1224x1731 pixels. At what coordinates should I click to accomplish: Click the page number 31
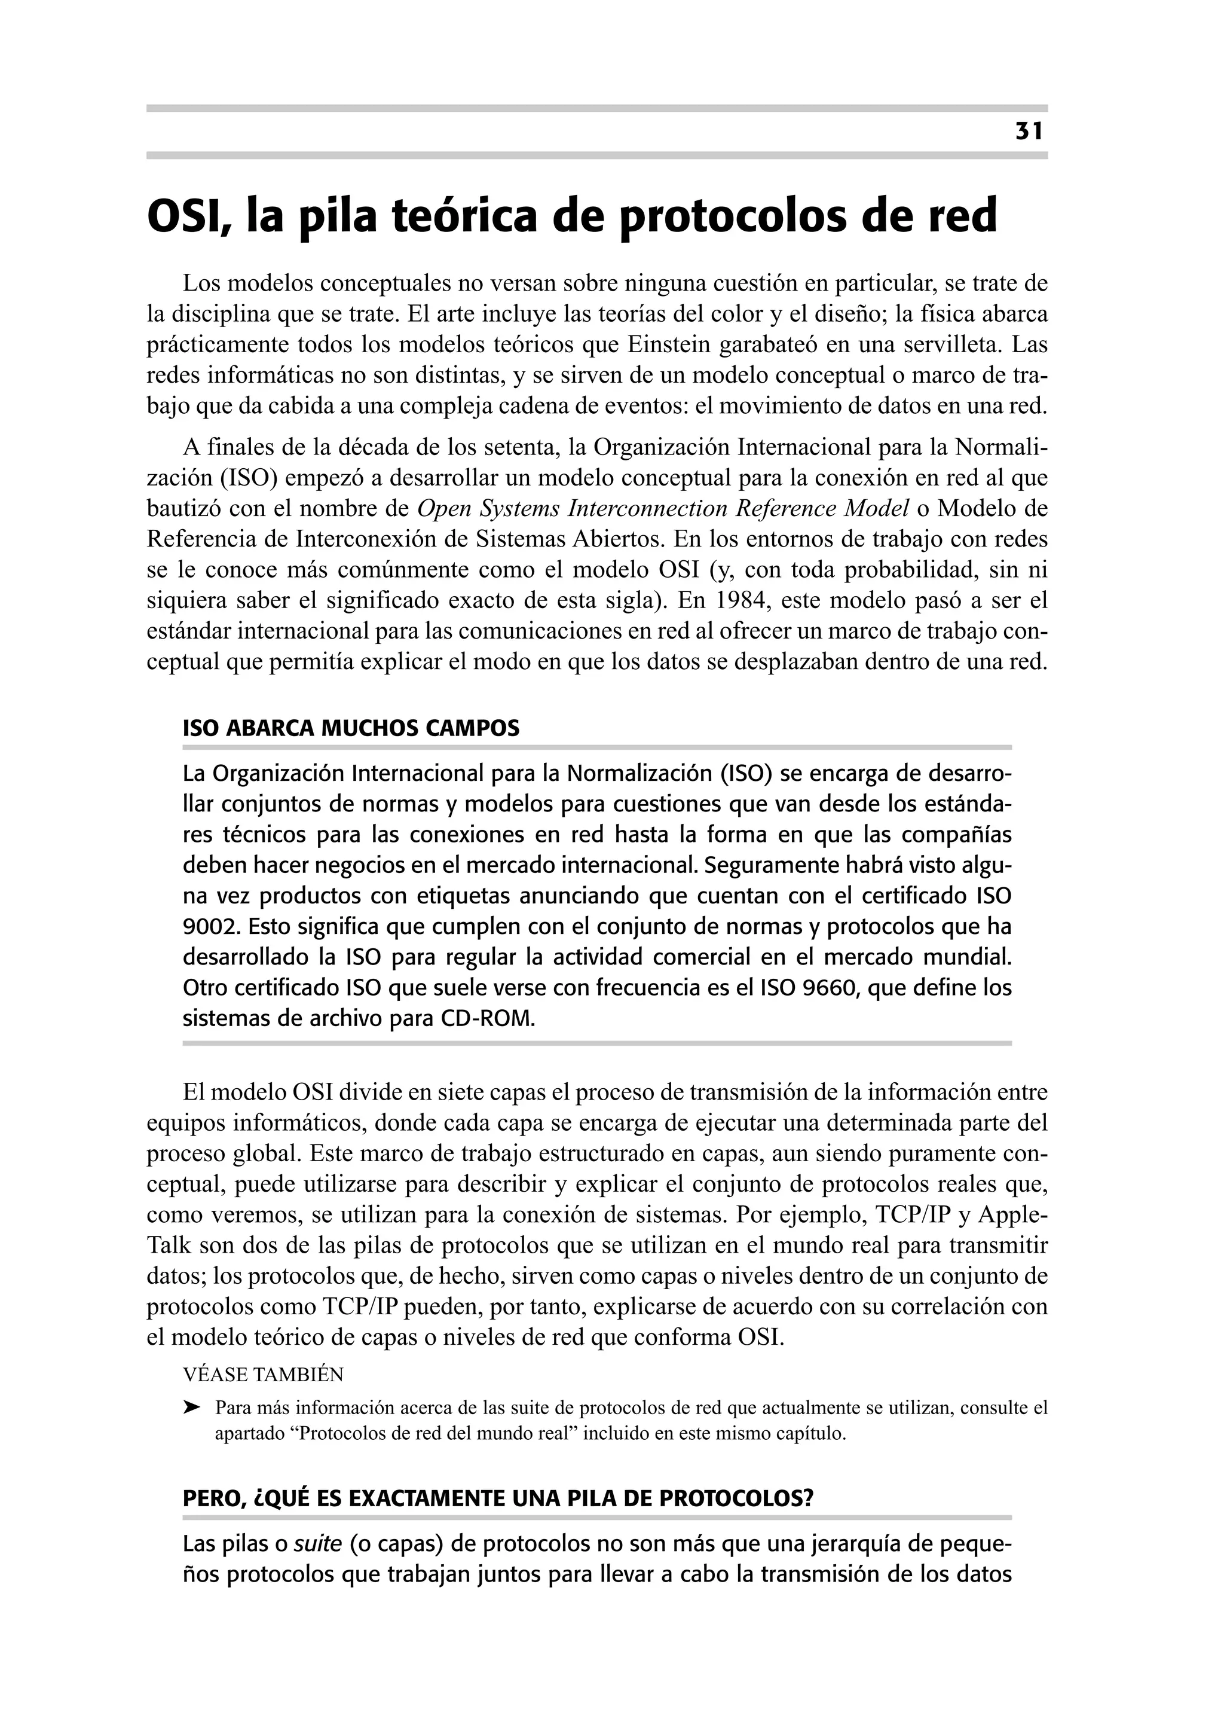coord(1028,132)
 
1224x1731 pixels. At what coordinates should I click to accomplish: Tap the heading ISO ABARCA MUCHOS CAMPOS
coord(351,728)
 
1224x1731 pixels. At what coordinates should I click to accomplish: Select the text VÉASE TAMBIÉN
coord(263,1375)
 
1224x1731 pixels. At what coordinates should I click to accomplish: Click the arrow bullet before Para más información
coord(192,1407)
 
